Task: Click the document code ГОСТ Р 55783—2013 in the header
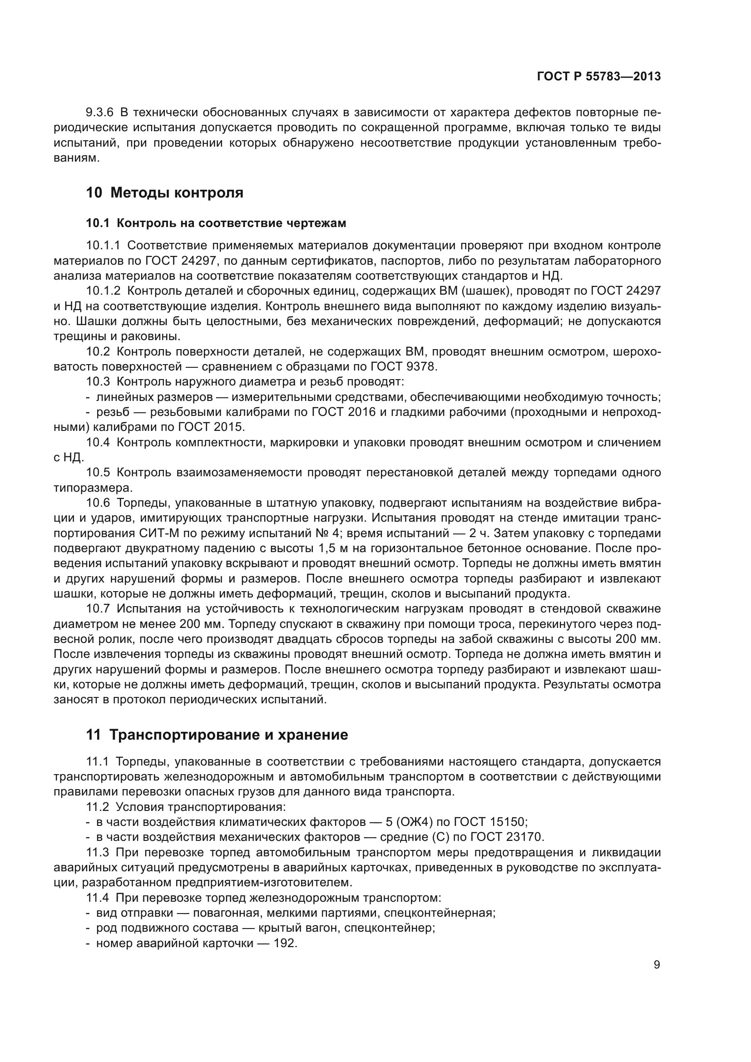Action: (599, 77)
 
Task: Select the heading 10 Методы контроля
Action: (165, 193)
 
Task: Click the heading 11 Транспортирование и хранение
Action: (217, 735)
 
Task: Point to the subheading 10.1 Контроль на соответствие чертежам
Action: (216, 223)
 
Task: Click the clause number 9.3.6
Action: (99, 113)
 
